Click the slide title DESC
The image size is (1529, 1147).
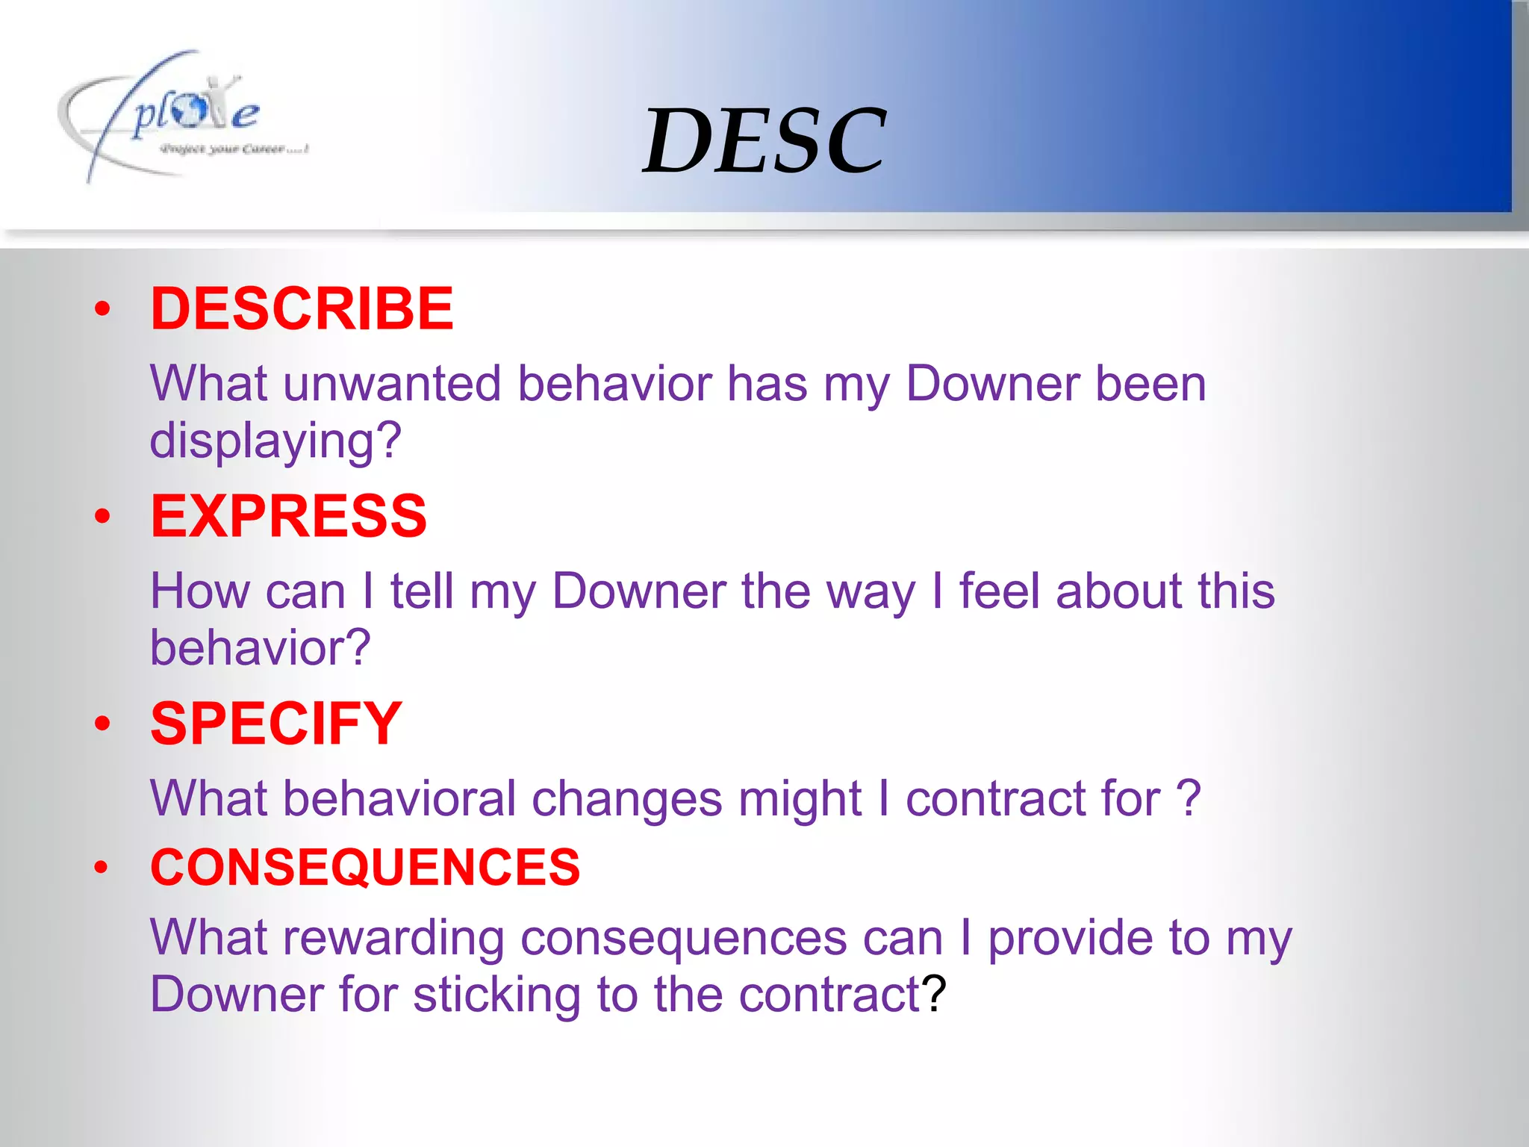coord(764,140)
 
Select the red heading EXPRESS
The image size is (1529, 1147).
coord(288,516)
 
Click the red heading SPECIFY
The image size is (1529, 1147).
coord(276,724)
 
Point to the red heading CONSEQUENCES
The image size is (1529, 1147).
coord(365,867)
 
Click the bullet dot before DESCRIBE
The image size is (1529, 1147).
coord(102,309)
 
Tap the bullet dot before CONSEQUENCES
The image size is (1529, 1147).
coord(102,868)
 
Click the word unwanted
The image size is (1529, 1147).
coord(392,384)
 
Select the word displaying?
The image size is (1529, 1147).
coord(275,441)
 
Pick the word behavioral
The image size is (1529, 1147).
coord(399,798)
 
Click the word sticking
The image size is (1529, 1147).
coord(496,995)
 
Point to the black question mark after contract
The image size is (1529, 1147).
coord(934,995)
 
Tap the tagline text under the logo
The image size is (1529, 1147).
coord(234,149)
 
